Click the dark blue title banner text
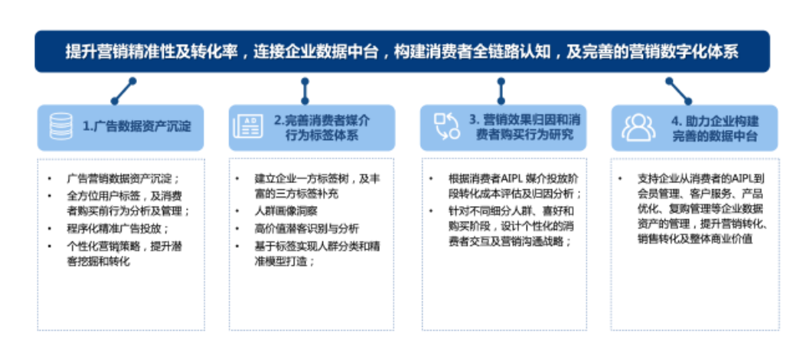[x=402, y=52]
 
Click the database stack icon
[x=61, y=126]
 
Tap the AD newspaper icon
[x=247, y=126]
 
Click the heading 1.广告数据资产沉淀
[x=137, y=126]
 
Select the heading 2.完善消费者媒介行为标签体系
[x=321, y=128]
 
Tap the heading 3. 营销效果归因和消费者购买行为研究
[x=520, y=128]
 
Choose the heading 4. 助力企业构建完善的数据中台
[x=714, y=128]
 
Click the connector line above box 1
[x=123, y=91]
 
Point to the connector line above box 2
[x=305, y=91]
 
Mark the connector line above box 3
[x=501, y=91]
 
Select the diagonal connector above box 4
[x=678, y=91]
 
